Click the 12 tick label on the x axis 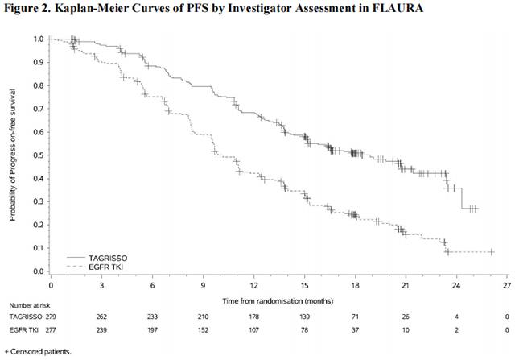click(253, 284)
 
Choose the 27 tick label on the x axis click(507, 284)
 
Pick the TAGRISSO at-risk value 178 click(253, 318)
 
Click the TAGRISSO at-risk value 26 click(406, 318)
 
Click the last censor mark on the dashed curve click(491, 252)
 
